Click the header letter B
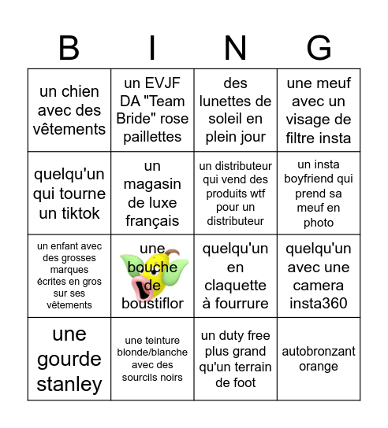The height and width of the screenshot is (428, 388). [69, 49]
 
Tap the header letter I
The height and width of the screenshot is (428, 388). [152, 49]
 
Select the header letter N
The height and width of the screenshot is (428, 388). [235, 49]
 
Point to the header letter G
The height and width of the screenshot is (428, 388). [319, 49]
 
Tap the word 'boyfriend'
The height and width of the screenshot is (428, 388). [319, 179]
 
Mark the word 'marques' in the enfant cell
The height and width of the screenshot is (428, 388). [69, 270]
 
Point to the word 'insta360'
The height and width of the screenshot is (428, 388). [319, 303]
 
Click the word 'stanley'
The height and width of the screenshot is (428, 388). [69, 384]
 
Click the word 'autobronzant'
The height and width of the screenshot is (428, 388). [319, 352]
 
